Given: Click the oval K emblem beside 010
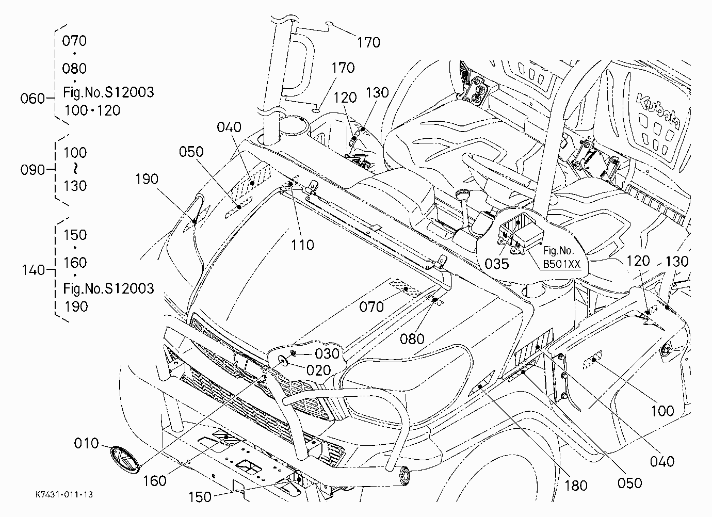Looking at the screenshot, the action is pyautogui.click(x=125, y=459).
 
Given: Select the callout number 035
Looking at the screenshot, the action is pyautogui.click(x=497, y=264).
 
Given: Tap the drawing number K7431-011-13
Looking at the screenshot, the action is pyautogui.click(x=64, y=494).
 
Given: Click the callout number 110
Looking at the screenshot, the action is pyautogui.click(x=302, y=245).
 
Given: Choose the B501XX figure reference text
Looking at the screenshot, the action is pyautogui.click(x=562, y=264).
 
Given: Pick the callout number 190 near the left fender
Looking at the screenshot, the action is pyautogui.click(x=147, y=180).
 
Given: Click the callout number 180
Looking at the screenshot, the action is pyautogui.click(x=576, y=486).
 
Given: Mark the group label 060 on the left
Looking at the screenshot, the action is pyautogui.click(x=33, y=98).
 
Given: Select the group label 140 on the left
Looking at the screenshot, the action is pyautogui.click(x=33, y=270).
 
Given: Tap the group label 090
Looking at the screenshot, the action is pyautogui.click(x=33, y=170).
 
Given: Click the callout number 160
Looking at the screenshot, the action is pyautogui.click(x=154, y=481).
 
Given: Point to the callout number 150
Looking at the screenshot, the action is pyautogui.click(x=200, y=497).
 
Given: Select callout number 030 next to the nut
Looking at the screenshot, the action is pyautogui.click(x=328, y=353).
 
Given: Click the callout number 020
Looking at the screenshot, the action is pyautogui.click(x=319, y=370).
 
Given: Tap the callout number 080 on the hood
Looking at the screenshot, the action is pyautogui.click(x=412, y=339).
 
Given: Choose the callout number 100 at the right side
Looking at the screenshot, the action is pyautogui.click(x=663, y=411).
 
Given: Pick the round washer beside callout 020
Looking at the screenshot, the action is pyautogui.click(x=283, y=360).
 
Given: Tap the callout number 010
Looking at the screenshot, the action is pyautogui.click(x=87, y=443).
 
